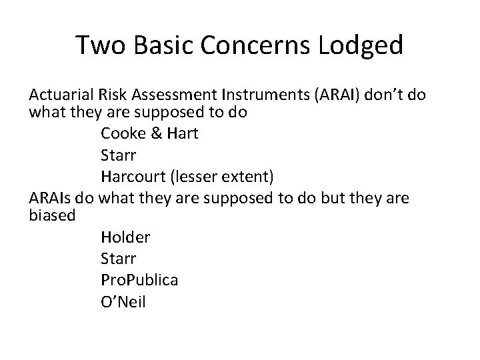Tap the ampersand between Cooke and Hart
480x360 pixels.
click(x=156, y=133)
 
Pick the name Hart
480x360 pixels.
click(x=181, y=133)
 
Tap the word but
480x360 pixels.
click(x=349, y=198)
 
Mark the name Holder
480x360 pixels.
click(x=125, y=237)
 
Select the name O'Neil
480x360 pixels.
click(x=123, y=301)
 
